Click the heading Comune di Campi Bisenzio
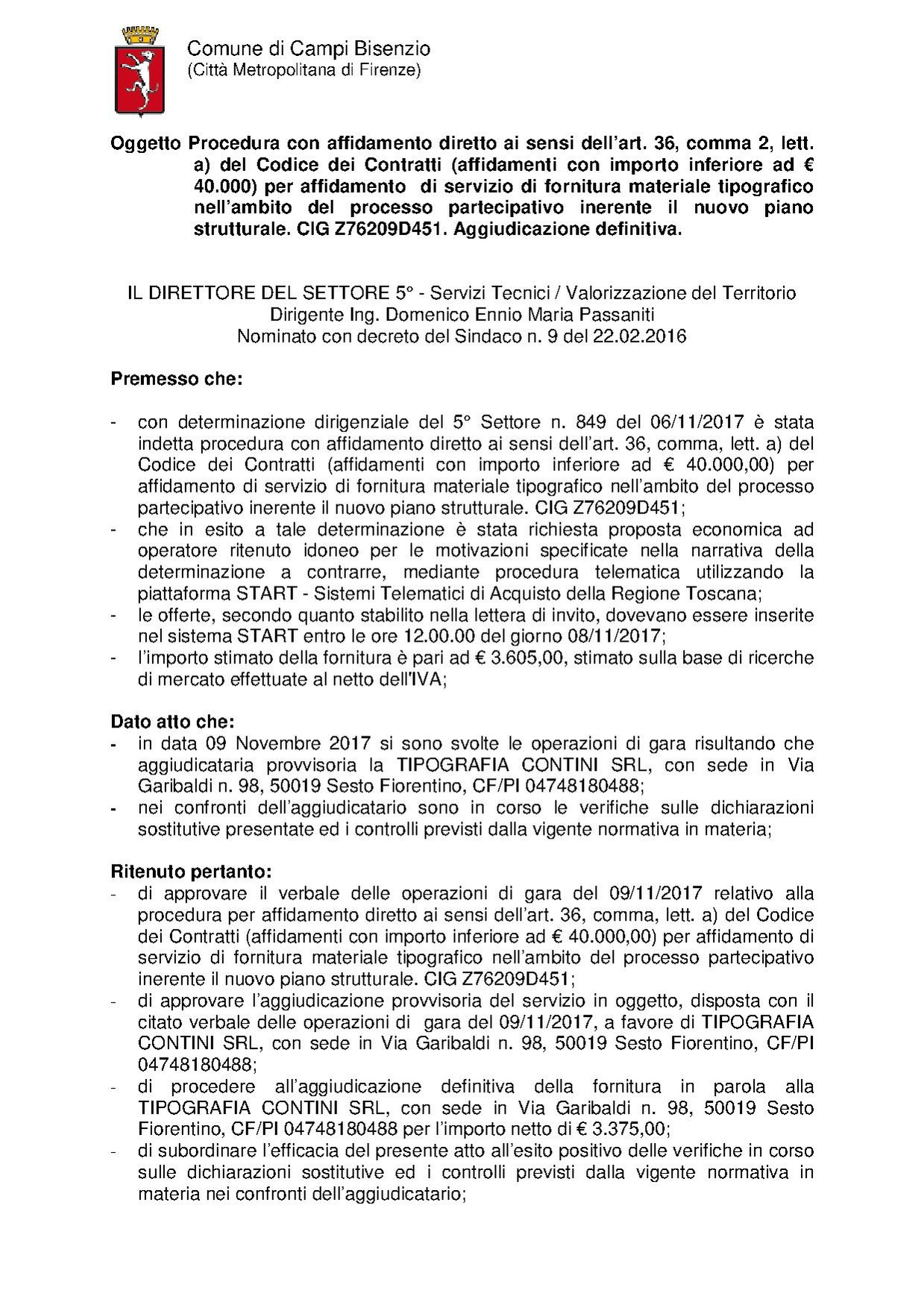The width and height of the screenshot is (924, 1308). [308, 49]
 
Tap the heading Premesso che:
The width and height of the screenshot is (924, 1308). [177, 379]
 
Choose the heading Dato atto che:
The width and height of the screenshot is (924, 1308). [172, 722]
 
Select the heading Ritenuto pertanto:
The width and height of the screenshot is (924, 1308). [192, 872]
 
